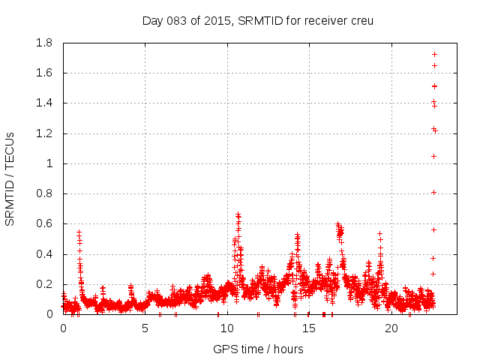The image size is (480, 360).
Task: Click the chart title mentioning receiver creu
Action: click(258, 20)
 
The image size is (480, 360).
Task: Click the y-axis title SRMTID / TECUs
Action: click(10, 178)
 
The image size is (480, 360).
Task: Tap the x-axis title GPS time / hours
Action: click(258, 349)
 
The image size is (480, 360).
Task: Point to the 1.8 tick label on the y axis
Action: click(43, 43)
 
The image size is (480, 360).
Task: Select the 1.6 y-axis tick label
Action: click(43, 73)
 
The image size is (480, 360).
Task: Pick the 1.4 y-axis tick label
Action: click(43, 103)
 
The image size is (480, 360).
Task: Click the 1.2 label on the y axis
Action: click(43, 133)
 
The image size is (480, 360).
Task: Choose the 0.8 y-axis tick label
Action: click(43, 193)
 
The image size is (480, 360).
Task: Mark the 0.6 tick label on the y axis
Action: click(43, 223)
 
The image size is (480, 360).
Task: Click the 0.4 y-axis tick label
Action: click(43, 254)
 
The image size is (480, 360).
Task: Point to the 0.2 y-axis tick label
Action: click(43, 284)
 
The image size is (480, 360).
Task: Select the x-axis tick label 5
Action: click(145, 328)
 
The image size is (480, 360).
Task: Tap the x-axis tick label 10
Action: click(226, 328)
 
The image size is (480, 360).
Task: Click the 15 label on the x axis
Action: click(309, 328)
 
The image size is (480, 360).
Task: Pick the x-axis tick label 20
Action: click(391, 328)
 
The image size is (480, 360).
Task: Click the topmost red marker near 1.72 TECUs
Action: click(434, 54)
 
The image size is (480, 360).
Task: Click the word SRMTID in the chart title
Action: click(257, 20)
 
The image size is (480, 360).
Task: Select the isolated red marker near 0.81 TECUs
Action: click(433, 192)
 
